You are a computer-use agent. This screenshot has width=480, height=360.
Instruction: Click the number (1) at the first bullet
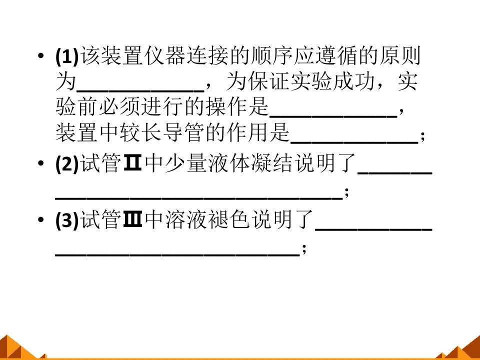(x=67, y=56)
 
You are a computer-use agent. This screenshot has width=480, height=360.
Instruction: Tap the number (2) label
(x=67, y=163)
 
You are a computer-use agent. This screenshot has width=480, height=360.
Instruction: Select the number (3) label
(x=67, y=220)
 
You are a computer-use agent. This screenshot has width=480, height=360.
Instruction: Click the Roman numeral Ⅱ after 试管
(x=132, y=163)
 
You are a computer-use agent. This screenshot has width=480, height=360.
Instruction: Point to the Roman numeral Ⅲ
(x=132, y=219)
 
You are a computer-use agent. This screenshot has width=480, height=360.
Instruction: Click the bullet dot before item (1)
(x=40, y=56)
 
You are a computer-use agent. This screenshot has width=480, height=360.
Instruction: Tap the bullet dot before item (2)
(x=40, y=163)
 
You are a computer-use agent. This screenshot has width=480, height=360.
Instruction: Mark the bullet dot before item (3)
(x=40, y=219)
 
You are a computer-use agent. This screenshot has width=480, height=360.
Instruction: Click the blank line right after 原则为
(x=140, y=90)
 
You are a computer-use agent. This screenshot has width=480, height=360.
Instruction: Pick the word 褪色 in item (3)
(x=229, y=219)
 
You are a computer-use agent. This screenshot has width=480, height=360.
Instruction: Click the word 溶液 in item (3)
(x=186, y=219)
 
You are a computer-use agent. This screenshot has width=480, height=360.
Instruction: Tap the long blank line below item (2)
(x=198, y=199)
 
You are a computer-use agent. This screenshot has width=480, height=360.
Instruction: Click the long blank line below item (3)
(x=177, y=255)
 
